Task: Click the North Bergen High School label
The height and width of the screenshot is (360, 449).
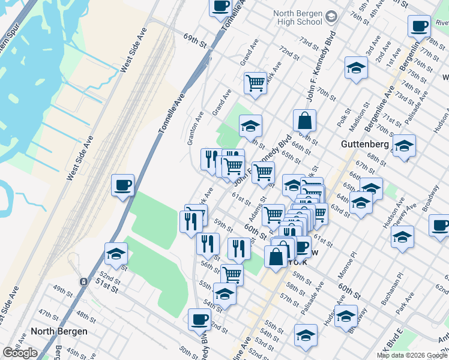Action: pyautogui.click(x=306, y=18)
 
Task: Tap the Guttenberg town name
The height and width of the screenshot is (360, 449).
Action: pyautogui.click(x=366, y=144)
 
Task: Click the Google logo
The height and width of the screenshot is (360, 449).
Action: pyautogui.click(x=20, y=353)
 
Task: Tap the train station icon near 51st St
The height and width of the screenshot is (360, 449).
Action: pyautogui.click(x=83, y=281)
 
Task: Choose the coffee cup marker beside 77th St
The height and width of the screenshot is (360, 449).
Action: pyautogui.click(x=419, y=27)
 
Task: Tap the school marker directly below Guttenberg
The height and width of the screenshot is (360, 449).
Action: pyautogui.click(x=404, y=146)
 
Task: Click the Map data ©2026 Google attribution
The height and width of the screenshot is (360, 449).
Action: pyautogui.click(x=411, y=355)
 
